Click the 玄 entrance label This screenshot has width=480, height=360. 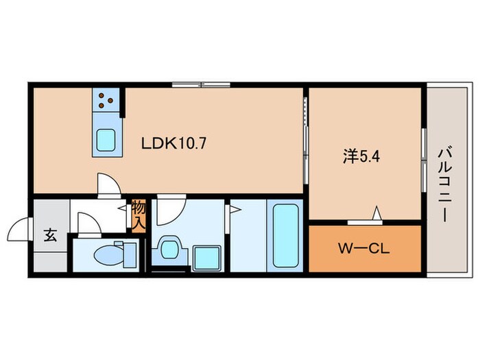[x=50, y=234]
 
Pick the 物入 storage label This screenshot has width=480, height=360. [x=139, y=215]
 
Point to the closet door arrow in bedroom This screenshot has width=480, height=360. [x=376, y=215]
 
